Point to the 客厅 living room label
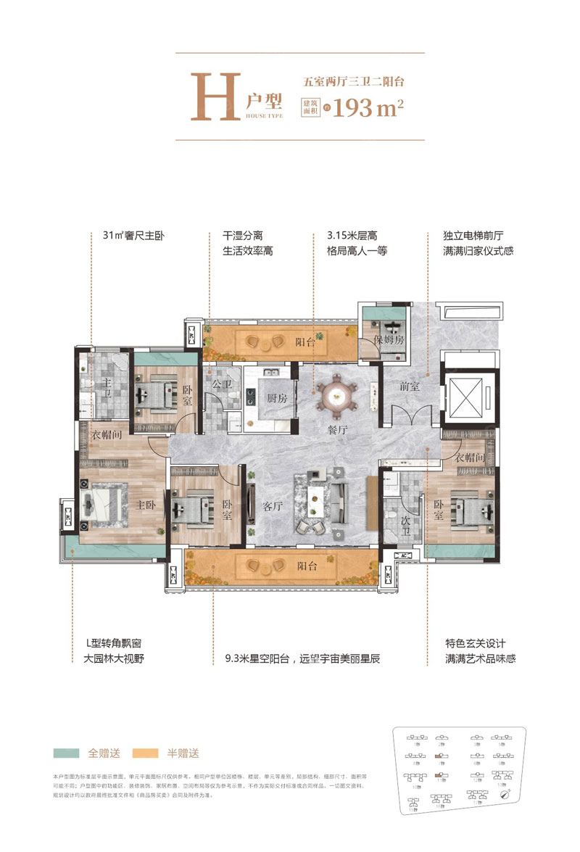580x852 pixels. tap(272, 507)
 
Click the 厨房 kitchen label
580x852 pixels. tap(278, 399)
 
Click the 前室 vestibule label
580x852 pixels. tap(410, 387)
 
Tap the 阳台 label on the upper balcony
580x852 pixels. tap(305, 344)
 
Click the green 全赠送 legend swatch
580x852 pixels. tap(66, 753)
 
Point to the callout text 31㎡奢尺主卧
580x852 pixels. tap(130, 236)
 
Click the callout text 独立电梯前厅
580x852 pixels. tap(473, 236)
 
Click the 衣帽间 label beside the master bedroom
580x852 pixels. tap(106, 436)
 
